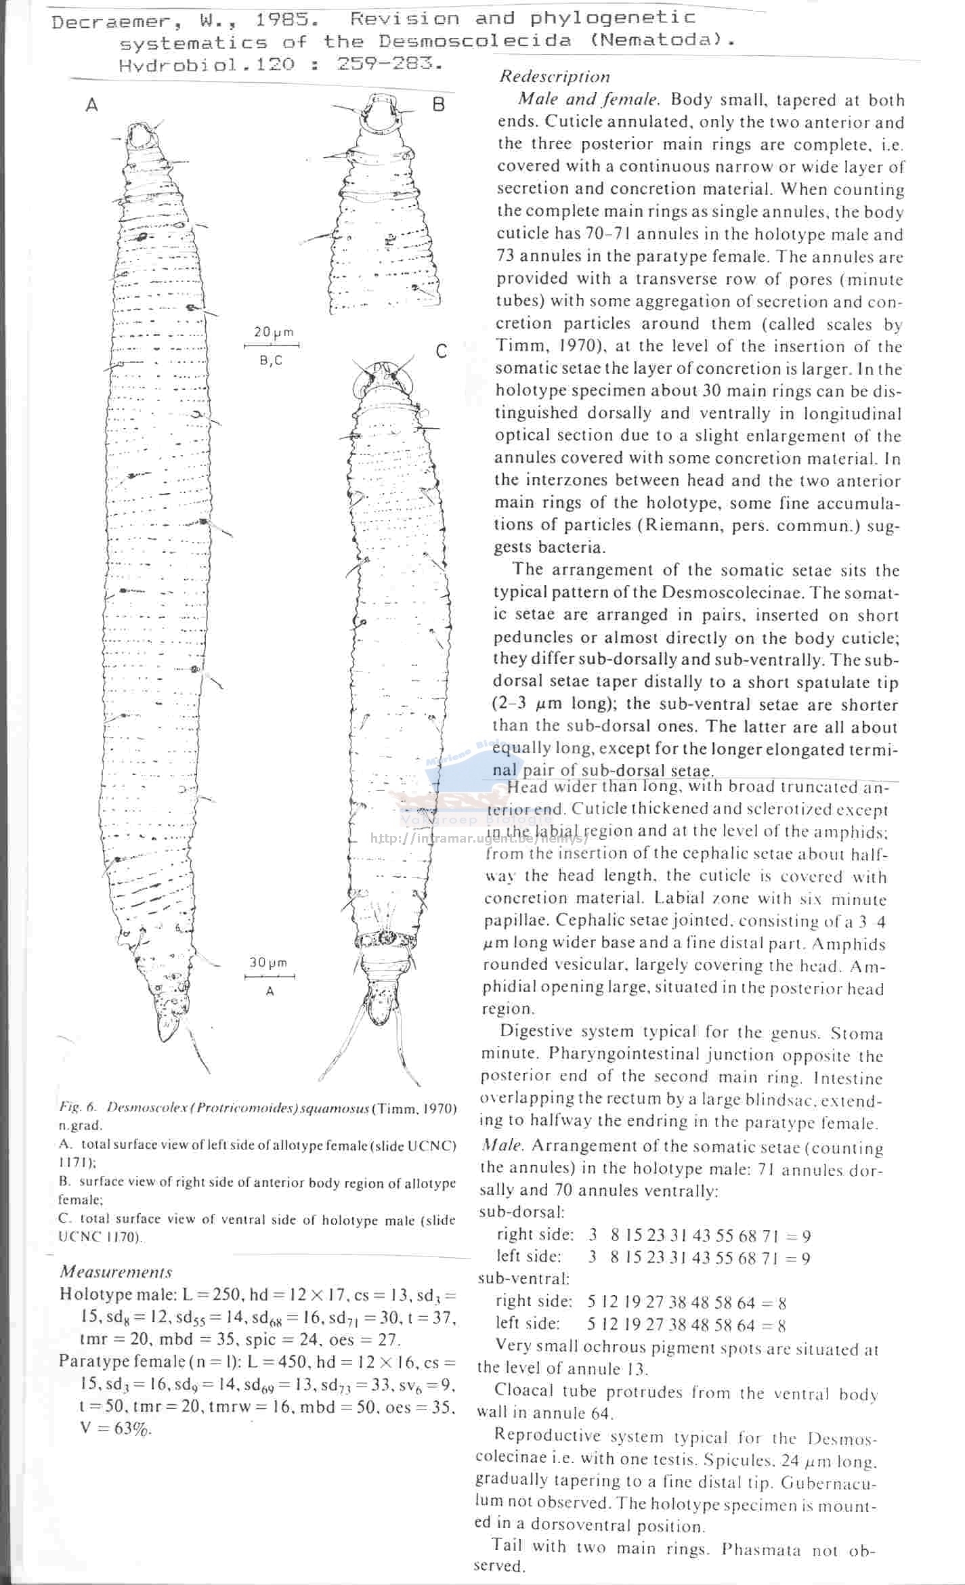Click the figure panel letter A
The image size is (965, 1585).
[x=92, y=105]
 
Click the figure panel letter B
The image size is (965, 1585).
[x=439, y=104]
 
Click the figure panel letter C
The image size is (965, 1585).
[x=442, y=351]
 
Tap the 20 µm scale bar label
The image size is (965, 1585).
[x=274, y=332]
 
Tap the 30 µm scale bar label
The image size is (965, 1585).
[x=268, y=963]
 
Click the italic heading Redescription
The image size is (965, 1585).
[x=555, y=77]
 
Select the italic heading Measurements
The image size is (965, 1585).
[x=116, y=1271]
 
